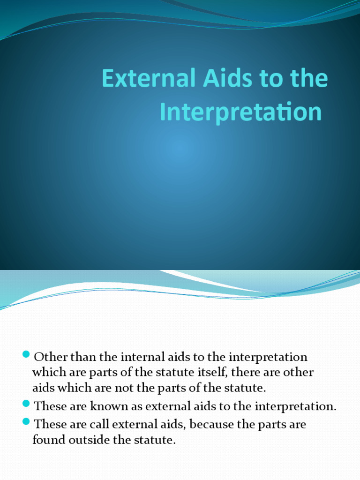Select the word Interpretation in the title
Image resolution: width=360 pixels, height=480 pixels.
click(x=241, y=112)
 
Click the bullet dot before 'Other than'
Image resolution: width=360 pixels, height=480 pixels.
click(x=26, y=353)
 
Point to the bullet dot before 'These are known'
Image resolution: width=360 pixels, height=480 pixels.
click(x=26, y=403)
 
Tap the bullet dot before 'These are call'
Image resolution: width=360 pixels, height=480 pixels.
click(x=26, y=420)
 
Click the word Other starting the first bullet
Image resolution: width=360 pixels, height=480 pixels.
click(x=48, y=357)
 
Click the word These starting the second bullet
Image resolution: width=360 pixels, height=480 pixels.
click(x=50, y=406)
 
